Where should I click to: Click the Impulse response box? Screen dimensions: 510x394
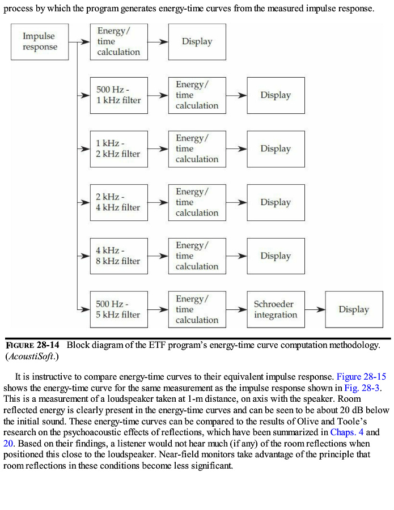[x=40, y=42]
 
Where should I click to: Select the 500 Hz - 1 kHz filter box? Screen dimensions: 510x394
[x=118, y=95]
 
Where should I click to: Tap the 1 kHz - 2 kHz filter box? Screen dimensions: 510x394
[x=118, y=149]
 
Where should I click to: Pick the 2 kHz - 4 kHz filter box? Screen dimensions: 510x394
[x=118, y=202]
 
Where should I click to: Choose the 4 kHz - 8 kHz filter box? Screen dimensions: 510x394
[x=118, y=256]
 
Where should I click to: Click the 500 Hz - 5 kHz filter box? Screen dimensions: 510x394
[x=118, y=309]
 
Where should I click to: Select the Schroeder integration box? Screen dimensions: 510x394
[x=276, y=309]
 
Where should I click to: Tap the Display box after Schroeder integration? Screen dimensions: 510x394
[x=354, y=309]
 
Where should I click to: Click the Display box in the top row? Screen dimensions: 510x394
[x=197, y=42]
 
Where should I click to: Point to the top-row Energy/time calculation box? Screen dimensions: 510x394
[x=118, y=42]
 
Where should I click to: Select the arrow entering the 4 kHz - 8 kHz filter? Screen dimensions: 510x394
[x=84, y=256]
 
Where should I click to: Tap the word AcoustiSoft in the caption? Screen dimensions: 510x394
[x=31, y=356]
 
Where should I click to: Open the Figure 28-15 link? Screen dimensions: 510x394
[x=361, y=376]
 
